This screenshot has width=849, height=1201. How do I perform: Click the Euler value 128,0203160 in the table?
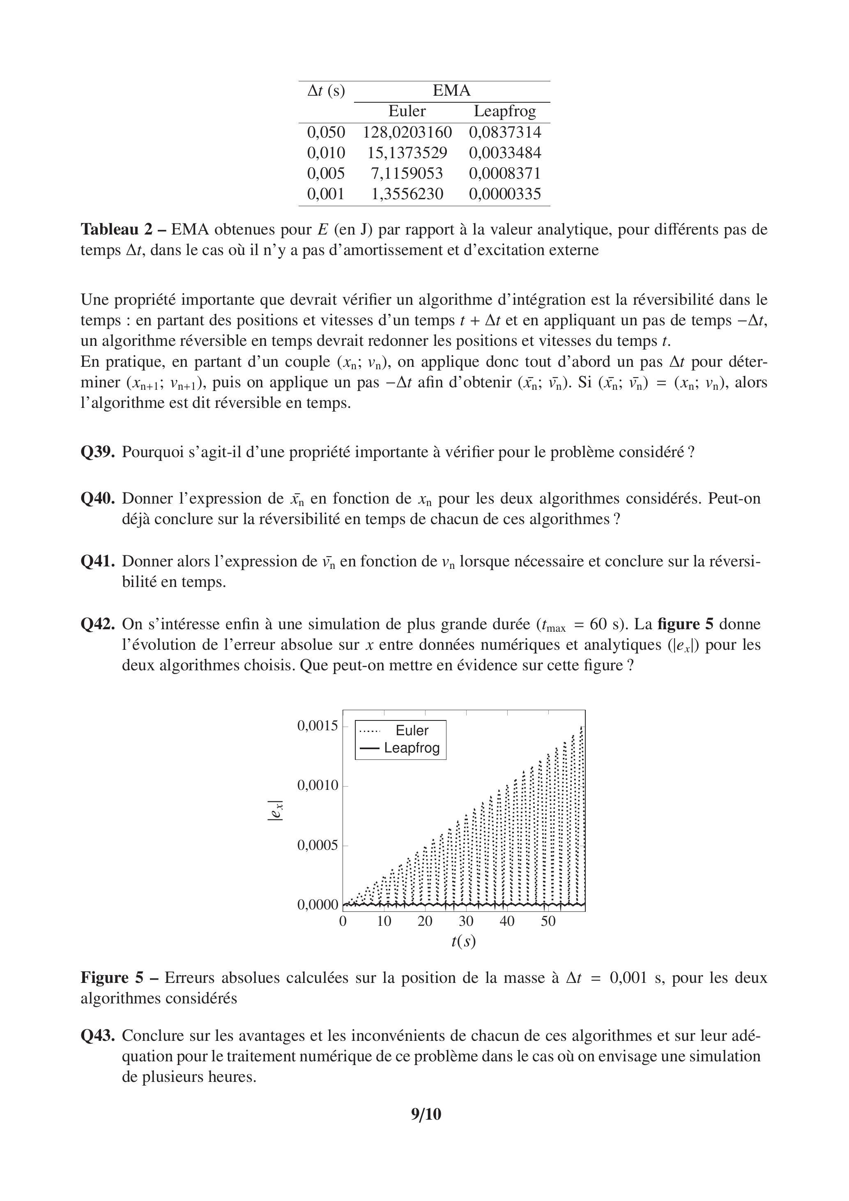[407, 132]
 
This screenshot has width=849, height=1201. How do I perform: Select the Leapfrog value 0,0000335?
[505, 194]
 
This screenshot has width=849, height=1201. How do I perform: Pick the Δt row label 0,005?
[326, 173]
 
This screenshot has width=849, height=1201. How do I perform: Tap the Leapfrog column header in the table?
[505, 111]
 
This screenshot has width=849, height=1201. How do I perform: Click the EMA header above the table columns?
[451, 91]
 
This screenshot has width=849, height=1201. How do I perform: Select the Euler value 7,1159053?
[407, 173]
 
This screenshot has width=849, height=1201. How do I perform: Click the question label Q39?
[97, 452]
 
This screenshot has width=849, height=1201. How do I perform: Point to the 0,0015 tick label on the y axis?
[318, 726]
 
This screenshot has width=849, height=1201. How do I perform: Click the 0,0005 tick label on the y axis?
[318, 846]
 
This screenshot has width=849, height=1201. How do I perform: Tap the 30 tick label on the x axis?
[466, 922]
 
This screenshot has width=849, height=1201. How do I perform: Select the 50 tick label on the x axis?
[548, 922]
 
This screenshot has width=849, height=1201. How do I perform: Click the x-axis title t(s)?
[463, 941]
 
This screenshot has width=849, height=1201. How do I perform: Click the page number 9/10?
[426, 1115]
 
